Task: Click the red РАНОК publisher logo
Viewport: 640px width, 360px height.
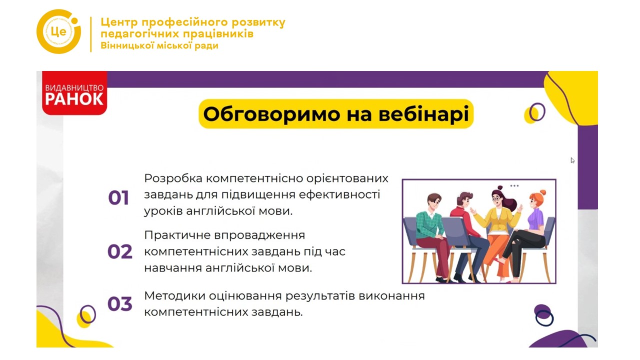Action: pos(74,93)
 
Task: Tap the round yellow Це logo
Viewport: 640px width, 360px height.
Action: pos(59,31)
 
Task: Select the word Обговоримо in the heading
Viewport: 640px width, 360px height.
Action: pos(271,114)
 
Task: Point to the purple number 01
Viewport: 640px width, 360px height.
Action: pos(118,197)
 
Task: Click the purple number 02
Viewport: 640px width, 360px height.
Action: pos(119,251)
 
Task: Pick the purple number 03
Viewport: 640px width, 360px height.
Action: pos(119,303)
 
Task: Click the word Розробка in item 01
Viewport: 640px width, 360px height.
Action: pos(173,179)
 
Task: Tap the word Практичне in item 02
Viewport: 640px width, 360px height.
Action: pos(177,235)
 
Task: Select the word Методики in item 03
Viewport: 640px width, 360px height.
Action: pos(174,295)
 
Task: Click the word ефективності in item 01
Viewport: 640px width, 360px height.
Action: pos(339,194)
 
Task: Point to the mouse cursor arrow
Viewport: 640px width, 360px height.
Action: pos(572,160)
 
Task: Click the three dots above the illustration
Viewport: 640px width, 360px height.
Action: pos(514,185)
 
